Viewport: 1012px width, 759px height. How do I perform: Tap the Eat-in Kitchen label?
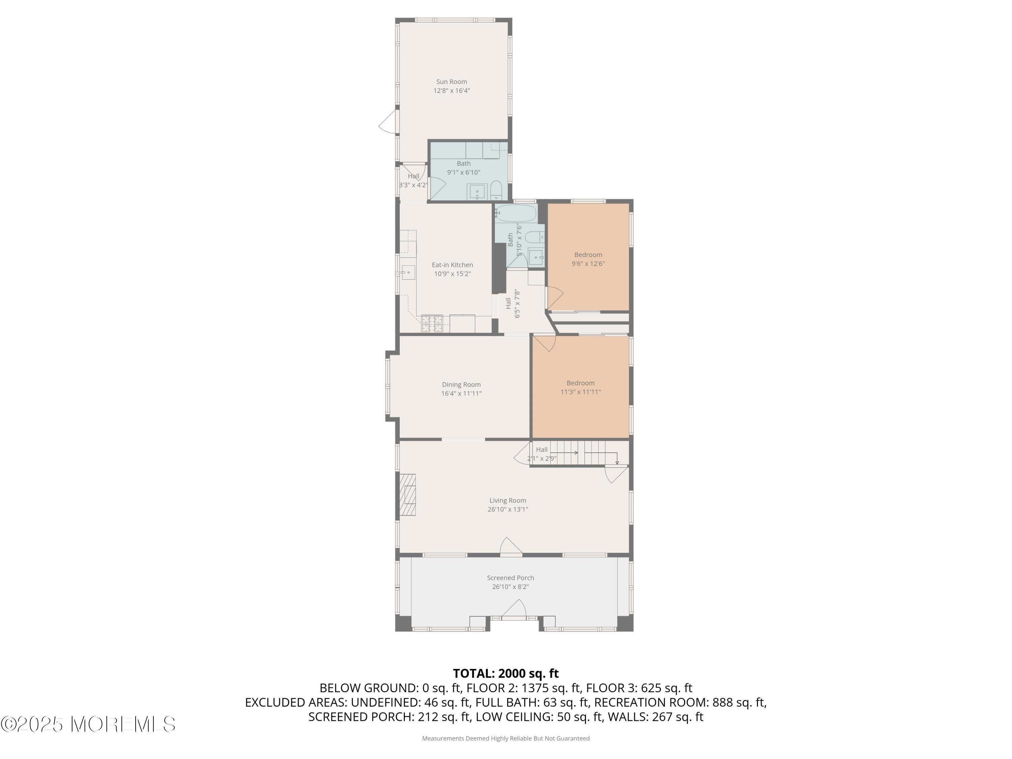[x=452, y=265]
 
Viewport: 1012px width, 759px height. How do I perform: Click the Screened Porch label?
[x=511, y=578]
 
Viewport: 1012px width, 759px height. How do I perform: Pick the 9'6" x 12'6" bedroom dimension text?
[x=588, y=263]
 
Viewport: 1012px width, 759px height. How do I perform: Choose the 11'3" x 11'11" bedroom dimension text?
[x=581, y=392]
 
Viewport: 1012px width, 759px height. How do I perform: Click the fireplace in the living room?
[x=407, y=495]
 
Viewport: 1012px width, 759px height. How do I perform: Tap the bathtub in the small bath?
[x=515, y=213]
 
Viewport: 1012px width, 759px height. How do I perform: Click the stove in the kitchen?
[x=432, y=324]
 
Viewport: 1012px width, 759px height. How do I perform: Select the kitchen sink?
[x=408, y=273]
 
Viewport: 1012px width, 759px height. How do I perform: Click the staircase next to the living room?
[x=580, y=453]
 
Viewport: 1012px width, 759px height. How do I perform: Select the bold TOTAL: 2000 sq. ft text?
[x=506, y=673]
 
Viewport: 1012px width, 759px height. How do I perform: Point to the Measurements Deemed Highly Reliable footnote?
[x=506, y=738]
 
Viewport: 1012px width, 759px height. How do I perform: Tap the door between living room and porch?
[x=511, y=547]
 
